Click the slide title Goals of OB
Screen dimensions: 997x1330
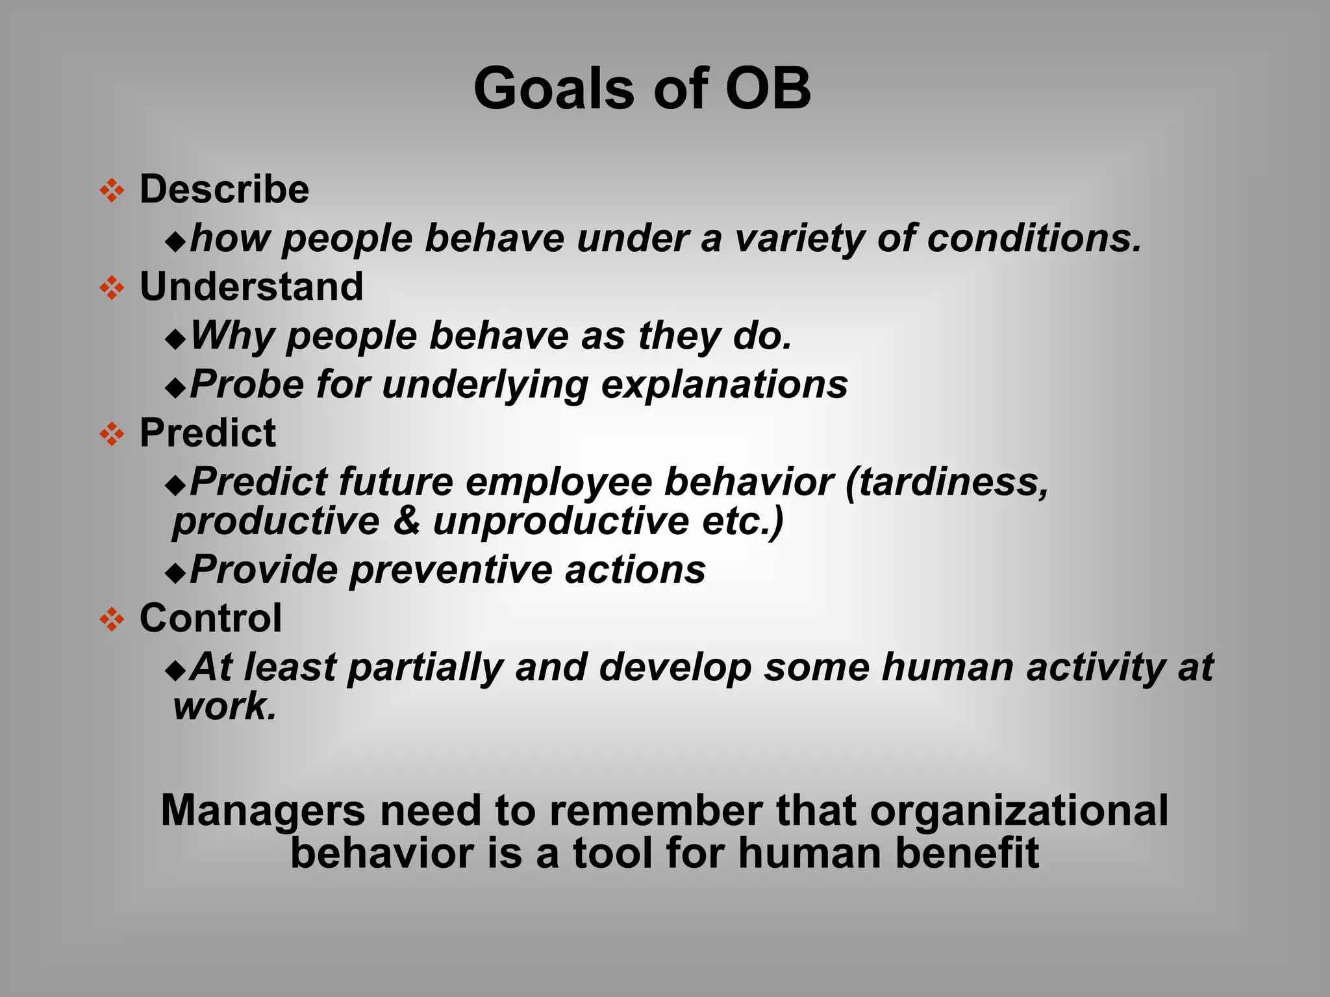pyautogui.click(x=642, y=89)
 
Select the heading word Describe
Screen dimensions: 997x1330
pyautogui.click(x=224, y=190)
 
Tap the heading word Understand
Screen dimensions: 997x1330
pyautogui.click(x=251, y=287)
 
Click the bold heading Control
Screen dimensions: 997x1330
pyautogui.click(x=210, y=618)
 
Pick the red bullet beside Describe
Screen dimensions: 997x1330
pyautogui.click(x=112, y=191)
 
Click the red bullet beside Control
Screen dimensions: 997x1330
pyautogui.click(x=112, y=619)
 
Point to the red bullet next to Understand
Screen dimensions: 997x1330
pyautogui.click(x=112, y=288)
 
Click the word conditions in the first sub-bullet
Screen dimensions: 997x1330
pyautogui.click(x=1033, y=238)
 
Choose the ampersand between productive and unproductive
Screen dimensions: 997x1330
pyautogui.click(x=407, y=521)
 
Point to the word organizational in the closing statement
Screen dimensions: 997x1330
pyautogui.click(x=1018, y=811)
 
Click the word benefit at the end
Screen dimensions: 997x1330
pyautogui.click(x=966, y=853)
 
